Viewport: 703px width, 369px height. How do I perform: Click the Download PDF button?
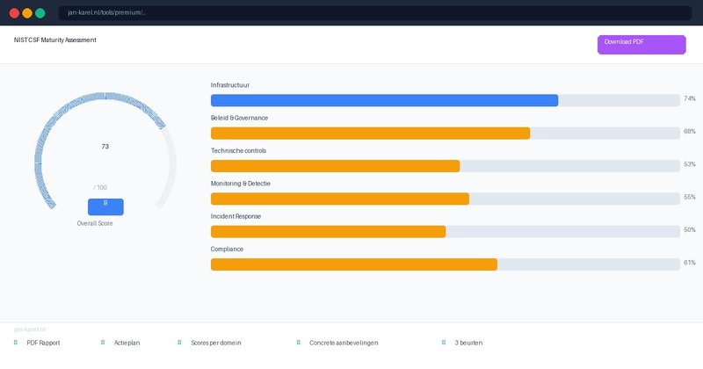coord(641,45)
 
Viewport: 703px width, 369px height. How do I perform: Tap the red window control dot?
coord(14,13)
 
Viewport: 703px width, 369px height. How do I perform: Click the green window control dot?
coord(40,13)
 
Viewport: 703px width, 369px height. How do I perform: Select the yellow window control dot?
coord(27,13)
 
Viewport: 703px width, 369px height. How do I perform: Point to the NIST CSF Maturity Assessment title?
coord(55,40)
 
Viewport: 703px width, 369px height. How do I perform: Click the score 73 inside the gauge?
coord(105,147)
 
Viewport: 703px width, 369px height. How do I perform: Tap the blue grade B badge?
coord(105,206)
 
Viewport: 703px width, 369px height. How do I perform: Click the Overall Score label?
coord(95,223)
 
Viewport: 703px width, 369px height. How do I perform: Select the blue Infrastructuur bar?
coord(384,100)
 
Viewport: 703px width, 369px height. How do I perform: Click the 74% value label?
coord(690,99)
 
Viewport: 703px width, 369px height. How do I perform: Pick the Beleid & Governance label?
coord(239,118)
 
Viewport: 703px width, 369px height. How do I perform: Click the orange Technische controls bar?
coord(335,166)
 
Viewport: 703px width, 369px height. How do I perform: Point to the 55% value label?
coord(690,198)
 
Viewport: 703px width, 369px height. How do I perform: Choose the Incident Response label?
coord(236,216)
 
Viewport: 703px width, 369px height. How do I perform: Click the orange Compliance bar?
coord(353,264)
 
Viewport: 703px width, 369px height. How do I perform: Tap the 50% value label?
coord(690,230)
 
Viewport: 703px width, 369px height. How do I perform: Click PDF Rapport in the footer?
coord(43,343)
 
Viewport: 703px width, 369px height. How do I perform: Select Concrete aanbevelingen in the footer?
coord(344,343)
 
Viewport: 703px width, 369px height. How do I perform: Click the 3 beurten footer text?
coord(468,343)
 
